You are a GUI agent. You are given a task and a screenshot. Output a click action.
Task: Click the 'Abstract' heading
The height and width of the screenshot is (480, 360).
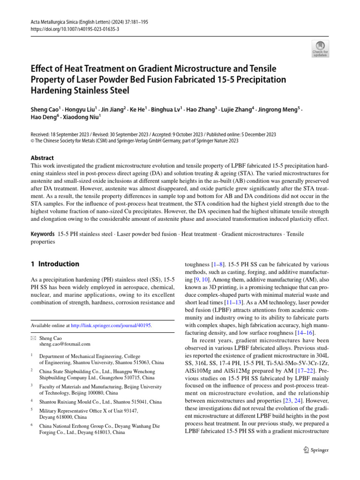click(x=42, y=158)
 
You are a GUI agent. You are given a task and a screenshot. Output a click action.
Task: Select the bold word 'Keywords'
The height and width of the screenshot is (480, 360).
click(x=42, y=233)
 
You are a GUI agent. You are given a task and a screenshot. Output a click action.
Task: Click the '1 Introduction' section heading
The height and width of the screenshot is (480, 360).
click(x=55, y=264)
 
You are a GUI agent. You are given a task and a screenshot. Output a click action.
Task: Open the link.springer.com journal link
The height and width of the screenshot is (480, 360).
click(x=111, y=325)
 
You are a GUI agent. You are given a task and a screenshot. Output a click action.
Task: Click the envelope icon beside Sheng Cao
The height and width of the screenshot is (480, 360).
click(x=33, y=337)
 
